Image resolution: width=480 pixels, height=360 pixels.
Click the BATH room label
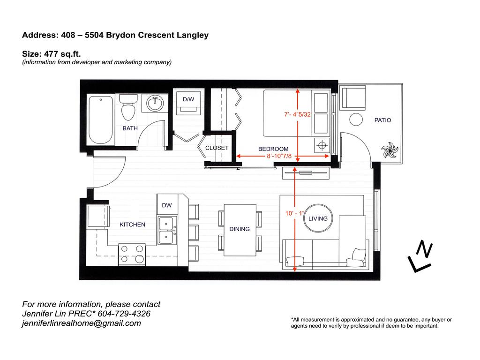coord(130,128)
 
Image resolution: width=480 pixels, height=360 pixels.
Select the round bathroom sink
coord(155,102)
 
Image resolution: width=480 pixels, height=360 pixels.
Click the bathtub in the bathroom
coord(101,120)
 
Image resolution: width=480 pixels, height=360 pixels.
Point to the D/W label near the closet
coord(188,99)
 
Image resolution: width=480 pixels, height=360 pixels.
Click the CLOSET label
coord(217,148)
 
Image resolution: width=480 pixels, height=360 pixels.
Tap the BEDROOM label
coord(273,149)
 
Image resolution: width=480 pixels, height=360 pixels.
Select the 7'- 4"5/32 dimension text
coord(298,114)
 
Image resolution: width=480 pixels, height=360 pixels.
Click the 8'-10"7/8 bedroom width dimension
coord(279,156)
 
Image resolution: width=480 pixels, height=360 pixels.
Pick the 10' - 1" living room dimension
coord(295,213)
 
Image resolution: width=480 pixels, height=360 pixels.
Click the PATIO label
coord(382,120)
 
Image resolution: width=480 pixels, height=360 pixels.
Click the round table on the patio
coord(356,120)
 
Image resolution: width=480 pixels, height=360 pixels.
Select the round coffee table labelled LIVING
coord(317,218)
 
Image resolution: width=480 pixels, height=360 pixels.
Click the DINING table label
coord(239,229)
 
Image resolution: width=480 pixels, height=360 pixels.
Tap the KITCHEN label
coord(132,225)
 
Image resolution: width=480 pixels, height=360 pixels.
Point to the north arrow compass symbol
coord(420,257)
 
